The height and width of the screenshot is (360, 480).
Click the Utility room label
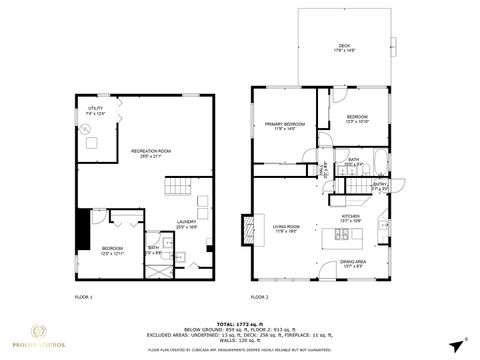coord(96,111)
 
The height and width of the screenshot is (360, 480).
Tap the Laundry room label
coord(186,225)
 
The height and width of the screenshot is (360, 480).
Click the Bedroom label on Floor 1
coord(112,251)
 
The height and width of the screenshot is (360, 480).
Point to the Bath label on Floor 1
coord(153,249)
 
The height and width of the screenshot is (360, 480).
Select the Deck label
coord(345,47)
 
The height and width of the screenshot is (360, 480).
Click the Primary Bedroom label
coord(284,126)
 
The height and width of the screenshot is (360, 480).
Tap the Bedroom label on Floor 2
coord(358,119)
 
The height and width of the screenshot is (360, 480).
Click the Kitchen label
coord(351,218)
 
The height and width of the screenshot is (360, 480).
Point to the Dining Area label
coord(354,265)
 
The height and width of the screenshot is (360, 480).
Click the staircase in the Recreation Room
coord(178,187)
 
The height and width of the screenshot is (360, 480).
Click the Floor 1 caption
coord(84,297)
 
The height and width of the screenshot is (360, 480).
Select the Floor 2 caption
coord(259,297)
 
